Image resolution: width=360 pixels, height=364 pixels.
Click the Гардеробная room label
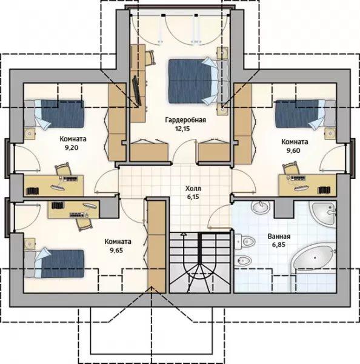[x=185, y=120]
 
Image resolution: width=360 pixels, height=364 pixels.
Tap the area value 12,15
[x=182, y=129]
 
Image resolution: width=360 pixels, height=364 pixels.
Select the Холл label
[x=193, y=188]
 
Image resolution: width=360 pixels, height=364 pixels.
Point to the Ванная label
[x=279, y=237]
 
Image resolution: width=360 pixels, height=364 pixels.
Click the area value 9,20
[x=72, y=147]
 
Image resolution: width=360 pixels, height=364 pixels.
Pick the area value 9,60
[x=293, y=150]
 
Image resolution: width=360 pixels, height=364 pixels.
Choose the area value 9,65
[x=116, y=251]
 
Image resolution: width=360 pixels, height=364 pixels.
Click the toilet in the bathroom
[x=245, y=241]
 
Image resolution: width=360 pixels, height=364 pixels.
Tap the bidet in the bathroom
[x=243, y=261]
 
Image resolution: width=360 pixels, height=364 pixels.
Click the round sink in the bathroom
[x=261, y=207]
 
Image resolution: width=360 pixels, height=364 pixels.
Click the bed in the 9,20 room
[x=54, y=114]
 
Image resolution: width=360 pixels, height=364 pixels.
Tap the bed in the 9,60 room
[x=305, y=113]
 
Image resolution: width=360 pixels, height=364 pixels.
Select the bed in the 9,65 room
[x=54, y=263]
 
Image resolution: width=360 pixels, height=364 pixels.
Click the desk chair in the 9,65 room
[x=84, y=224]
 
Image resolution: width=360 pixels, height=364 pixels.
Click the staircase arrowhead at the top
[x=184, y=234]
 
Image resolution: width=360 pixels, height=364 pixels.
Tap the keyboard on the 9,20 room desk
[x=58, y=187]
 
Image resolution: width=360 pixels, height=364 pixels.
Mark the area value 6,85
[x=279, y=244]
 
